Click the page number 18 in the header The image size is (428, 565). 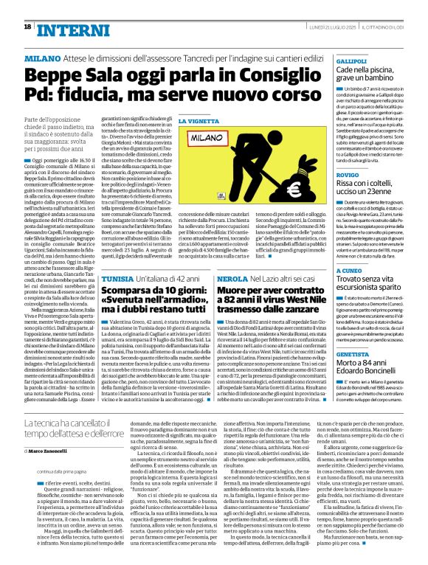27,27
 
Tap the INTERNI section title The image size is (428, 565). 69,29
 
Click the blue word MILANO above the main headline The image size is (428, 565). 43,58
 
